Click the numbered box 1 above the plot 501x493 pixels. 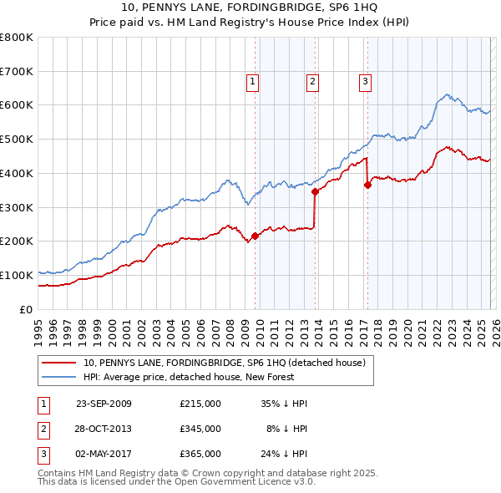(252, 82)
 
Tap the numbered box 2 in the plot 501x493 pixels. (311, 82)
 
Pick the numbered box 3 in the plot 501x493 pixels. (365, 82)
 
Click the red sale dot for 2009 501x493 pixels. (255, 236)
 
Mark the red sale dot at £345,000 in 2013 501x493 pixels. (315, 191)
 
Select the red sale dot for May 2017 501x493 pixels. (367, 185)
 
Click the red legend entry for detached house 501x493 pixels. (224, 363)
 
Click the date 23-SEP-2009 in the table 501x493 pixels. (104, 404)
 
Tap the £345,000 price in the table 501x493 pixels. (200, 429)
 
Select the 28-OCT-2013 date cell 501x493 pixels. (104, 429)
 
